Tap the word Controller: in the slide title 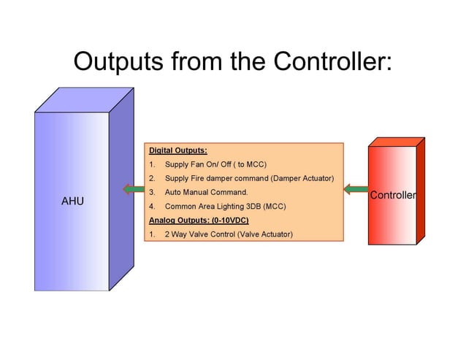coord(332,61)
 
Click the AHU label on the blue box coord(72,201)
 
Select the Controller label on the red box coord(393,195)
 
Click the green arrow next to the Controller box coord(356,191)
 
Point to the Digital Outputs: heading coord(178,150)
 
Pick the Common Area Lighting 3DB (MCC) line coord(225,206)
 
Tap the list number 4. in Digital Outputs coord(153,206)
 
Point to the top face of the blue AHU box coord(84,100)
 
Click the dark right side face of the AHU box coord(121,190)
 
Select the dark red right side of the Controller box coord(420,194)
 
